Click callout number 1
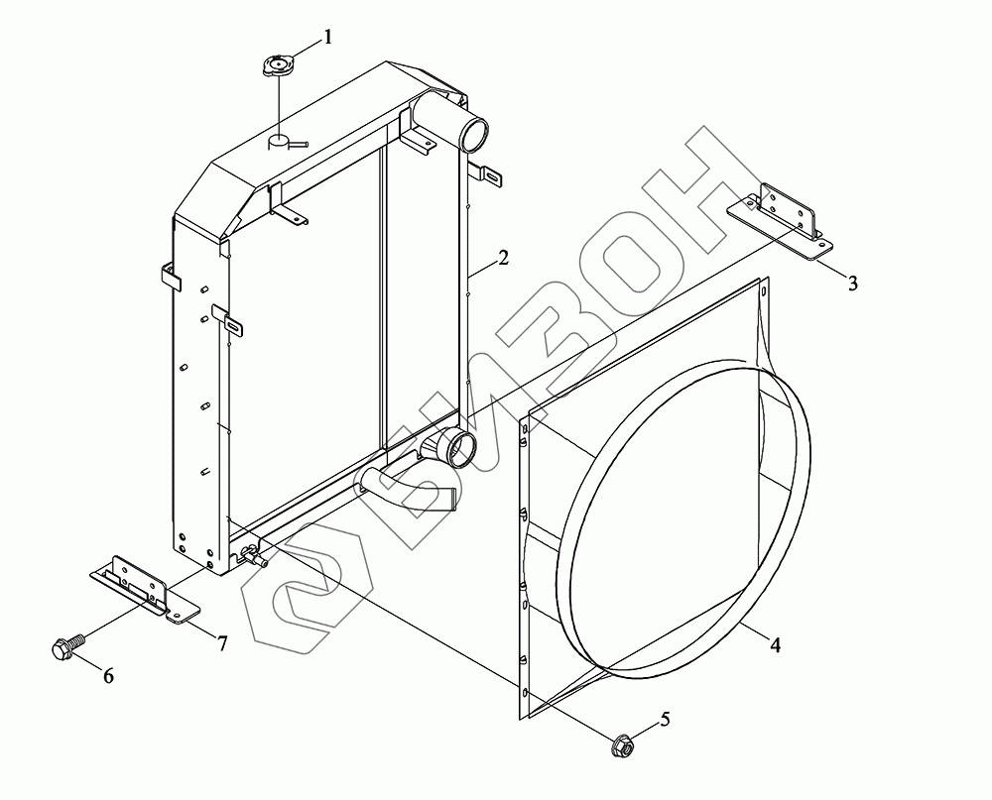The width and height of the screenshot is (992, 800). coord(327,38)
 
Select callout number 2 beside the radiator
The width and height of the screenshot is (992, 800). coord(503,258)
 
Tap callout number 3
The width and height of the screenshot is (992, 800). coord(853,284)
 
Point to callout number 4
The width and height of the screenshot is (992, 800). coord(775,645)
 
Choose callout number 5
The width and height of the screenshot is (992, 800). coord(665,719)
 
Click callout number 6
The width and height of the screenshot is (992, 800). coord(109,676)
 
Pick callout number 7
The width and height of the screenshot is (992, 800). coord(222,643)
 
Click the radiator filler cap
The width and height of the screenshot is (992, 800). coord(279,65)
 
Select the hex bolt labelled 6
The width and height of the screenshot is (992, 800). coord(67,645)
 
